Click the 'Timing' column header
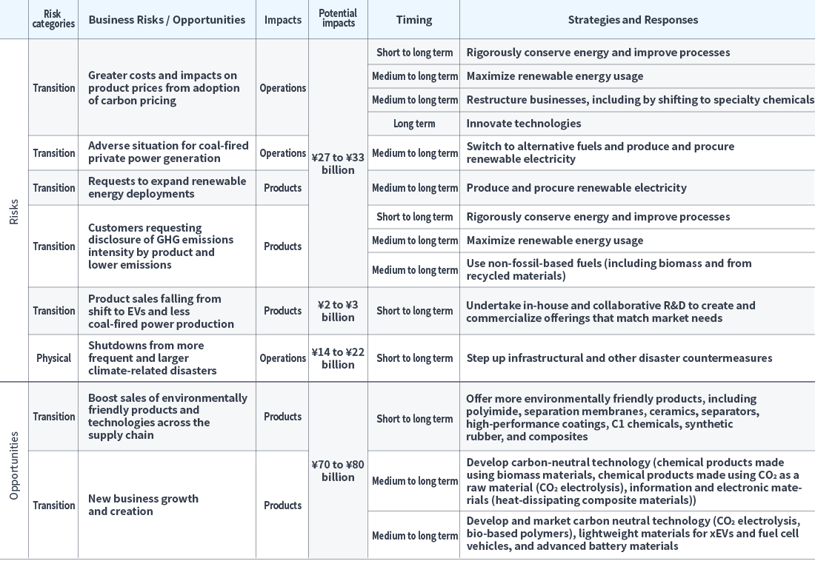(413, 20)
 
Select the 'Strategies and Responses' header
(633, 20)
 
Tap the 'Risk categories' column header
(53, 19)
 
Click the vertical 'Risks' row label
(14, 211)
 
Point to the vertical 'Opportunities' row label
(14, 466)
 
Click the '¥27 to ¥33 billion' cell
(338, 163)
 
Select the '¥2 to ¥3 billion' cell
(338, 311)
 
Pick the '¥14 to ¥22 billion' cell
(338, 358)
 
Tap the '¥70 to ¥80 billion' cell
(338, 471)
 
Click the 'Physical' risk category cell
(53, 358)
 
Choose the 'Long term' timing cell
(413, 124)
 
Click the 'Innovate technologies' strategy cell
(523, 124)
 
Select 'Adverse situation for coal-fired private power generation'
(168, 152)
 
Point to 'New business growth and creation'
(143, 505)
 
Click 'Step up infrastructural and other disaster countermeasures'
(619, 358)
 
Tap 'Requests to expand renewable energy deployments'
(167, 187)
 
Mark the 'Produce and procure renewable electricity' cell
(576, 188)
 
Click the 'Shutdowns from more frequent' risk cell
(152, 358)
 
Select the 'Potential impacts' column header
(338, 19)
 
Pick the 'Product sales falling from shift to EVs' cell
(161, 311)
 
